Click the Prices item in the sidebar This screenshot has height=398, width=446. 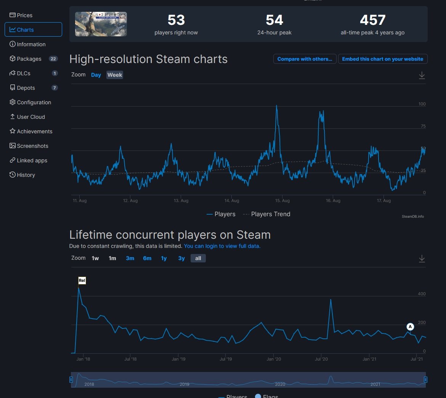point(24,15)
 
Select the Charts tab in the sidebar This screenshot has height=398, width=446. point(25,30)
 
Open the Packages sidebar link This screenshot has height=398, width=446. point(29,59)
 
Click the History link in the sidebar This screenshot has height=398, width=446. point(26,175)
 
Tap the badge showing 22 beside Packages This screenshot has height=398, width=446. point(53,59)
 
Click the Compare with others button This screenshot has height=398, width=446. point(305,59)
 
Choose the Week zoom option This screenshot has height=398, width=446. point(115,75)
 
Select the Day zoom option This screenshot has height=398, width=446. point(96,75)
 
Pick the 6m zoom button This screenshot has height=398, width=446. point(147,258)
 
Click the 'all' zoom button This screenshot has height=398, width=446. point(198,258)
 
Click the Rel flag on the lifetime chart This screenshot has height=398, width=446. point(82,281)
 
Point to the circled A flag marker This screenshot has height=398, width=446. point(410,327)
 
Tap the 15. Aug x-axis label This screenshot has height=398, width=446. point(282,201)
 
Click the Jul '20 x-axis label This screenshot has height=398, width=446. point(321,359)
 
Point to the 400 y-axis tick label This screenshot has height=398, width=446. point(422,294)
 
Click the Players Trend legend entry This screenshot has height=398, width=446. point(270,214)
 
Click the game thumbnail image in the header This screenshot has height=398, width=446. point(101,24)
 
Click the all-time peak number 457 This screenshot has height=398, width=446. point(372,20)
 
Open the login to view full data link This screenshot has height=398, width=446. point(222,246)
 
